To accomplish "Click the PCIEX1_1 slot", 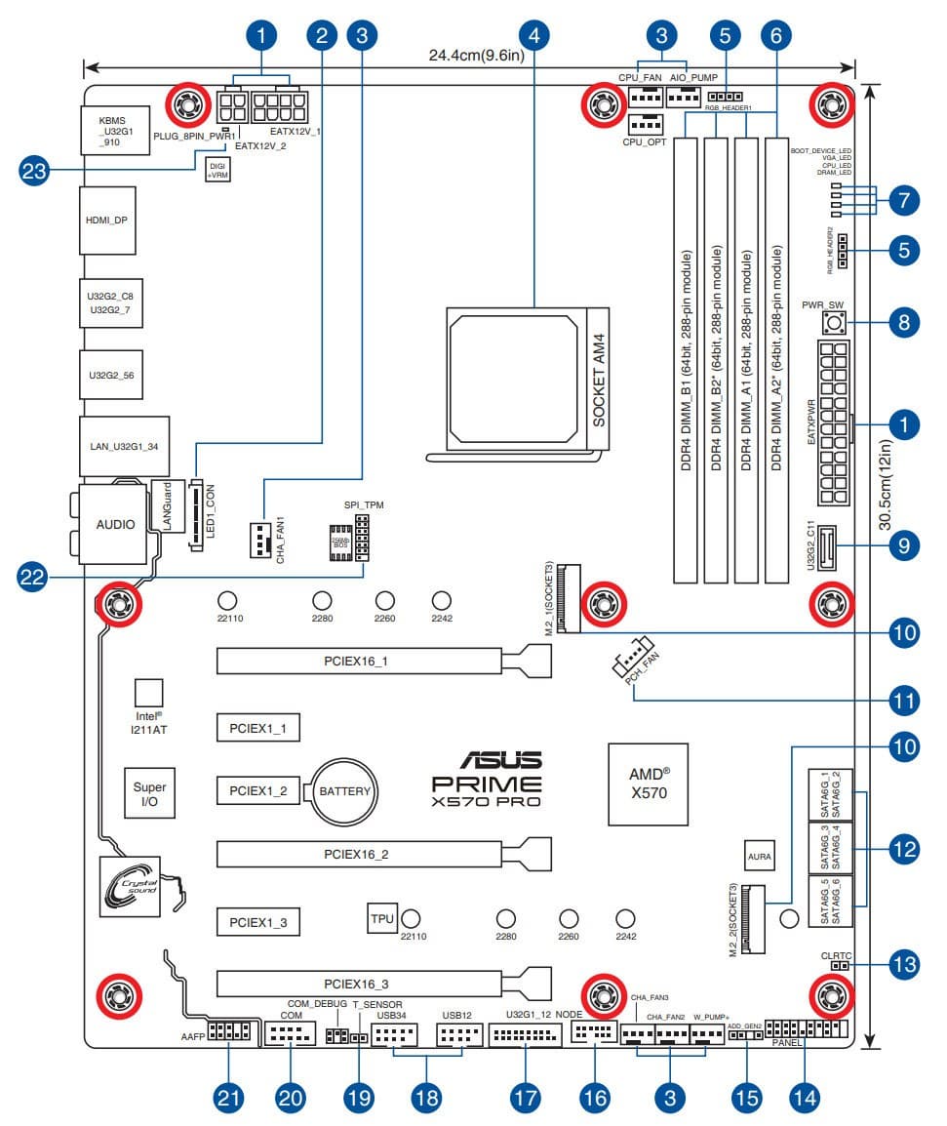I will coord(257,728).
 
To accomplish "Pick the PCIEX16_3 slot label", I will coord(358,984).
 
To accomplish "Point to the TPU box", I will coord(381,918).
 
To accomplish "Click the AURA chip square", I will coord(760,857).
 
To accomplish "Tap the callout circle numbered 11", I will coord(904,700).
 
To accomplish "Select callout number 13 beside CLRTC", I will coord(904,966).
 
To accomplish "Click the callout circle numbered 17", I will coord(525,1097).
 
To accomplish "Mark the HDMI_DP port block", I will coord(107,221).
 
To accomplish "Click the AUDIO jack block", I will coord(114,524).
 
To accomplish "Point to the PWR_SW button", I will coord(834,321).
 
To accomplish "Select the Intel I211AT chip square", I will coord(148,692).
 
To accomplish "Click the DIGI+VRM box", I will coord(217,172).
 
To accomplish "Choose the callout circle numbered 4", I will coord(533,36).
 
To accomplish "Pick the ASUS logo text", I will coord(487,760).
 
